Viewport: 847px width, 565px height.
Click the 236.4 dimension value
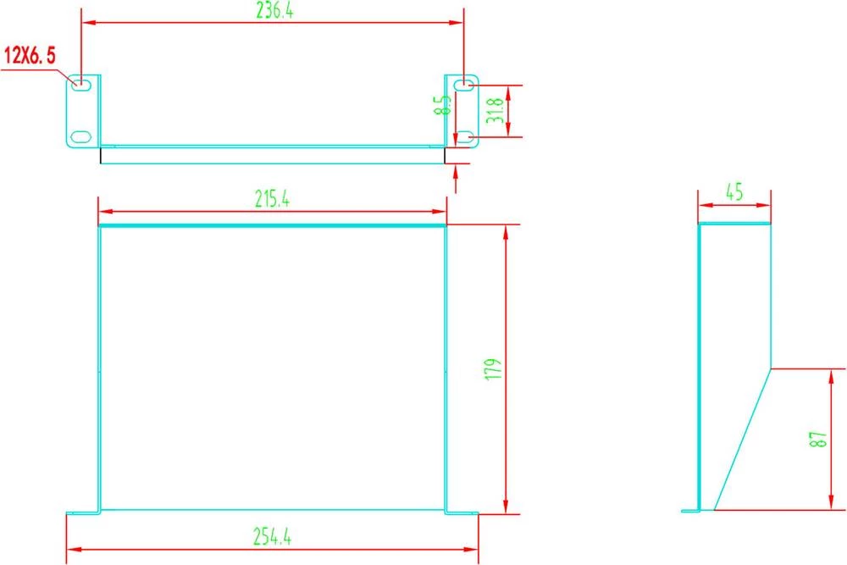tap(273, 11)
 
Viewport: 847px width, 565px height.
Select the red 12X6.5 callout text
tap(30, 57)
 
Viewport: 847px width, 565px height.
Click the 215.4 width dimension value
tap(273, 199)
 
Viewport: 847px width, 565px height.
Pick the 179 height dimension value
tap(496, 368)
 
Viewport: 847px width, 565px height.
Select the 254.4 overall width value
tap(273, 536)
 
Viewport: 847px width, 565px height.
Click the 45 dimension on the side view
tap(734, 192)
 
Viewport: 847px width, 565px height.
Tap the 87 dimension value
tap(817, 440)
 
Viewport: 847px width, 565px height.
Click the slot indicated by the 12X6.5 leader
tap(82, 84)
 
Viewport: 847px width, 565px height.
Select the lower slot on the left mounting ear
tap(80, 136)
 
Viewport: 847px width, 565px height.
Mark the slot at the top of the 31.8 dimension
tap(464, 85)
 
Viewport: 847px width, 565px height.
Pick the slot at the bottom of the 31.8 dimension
tap(464, 136)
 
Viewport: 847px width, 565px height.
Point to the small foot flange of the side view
tap(690, 510)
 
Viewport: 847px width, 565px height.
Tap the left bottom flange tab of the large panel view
tap(82, 512)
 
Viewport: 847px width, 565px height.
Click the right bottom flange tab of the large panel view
tap(462, 512)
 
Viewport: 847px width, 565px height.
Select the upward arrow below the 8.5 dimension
tap(457, 175)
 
